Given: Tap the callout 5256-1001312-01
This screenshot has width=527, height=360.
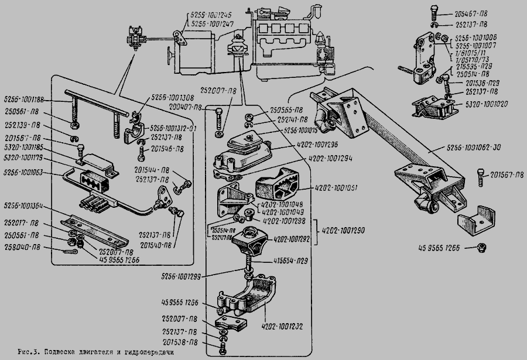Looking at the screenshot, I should pyautogui.click(x=174, y=128).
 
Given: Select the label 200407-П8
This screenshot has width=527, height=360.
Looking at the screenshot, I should pyautogui.click(x=186, y=108).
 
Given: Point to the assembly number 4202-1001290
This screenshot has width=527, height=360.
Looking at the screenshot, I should pyautogui.click(x=342, y=231).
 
